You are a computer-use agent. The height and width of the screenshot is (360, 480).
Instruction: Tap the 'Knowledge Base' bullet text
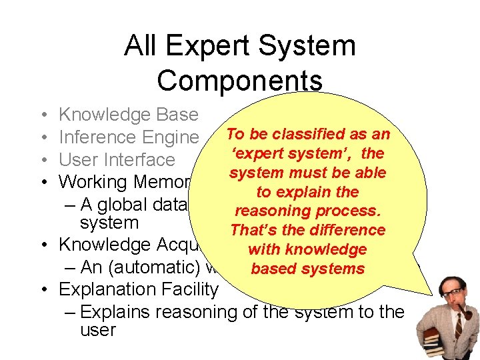(x=129, y=115)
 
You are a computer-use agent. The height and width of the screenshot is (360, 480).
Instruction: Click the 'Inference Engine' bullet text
(x=129, y=137)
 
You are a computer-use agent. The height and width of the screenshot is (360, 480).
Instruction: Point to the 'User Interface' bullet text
(x=117, y=160)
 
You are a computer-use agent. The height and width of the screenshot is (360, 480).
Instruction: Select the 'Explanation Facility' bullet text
(x=138, y=289)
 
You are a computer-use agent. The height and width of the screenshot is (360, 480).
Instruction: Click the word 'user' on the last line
(x=97, y=330)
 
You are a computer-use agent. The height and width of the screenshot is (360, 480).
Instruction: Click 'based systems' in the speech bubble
(x=307, y=269)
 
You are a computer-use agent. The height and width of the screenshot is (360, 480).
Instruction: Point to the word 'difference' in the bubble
(x=346, y=230)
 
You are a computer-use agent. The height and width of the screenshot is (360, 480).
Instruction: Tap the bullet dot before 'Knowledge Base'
(x=42, y=115)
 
